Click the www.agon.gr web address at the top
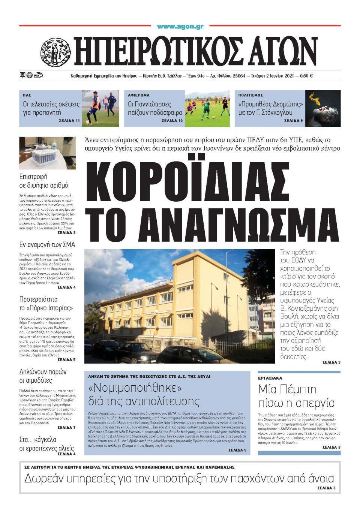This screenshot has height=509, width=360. pos(180,27)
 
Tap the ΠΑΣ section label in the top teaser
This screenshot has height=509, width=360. pos(27,95)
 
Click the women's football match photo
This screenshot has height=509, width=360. pos(207,108)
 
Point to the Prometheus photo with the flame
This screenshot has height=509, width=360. pos(322,108)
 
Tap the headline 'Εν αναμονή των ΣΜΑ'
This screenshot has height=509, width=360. pos(47,245)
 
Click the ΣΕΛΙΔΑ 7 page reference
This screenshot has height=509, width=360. pos(66,427)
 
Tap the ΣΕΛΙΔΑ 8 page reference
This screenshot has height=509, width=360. pos(331,447)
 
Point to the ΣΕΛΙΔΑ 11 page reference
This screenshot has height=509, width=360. pos(69,121)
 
